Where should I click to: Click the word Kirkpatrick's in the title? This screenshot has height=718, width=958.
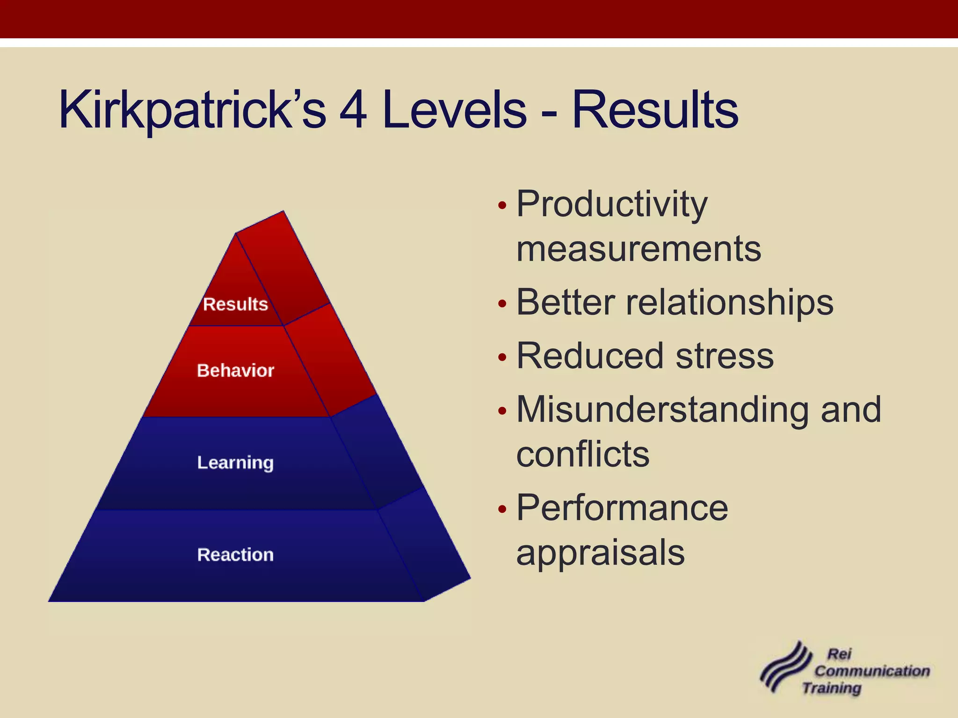(x=192, y=110)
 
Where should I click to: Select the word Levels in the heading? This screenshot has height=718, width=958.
(x=454, y=110)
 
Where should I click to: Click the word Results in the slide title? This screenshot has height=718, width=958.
(x=655, y=110)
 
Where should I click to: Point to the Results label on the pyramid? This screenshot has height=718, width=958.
(x=235, y=304)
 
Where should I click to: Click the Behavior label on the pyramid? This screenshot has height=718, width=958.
(x=235, y=371)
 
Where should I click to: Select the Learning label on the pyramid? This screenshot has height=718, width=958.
(x=235, y=463)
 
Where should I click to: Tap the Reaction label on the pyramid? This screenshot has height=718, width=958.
(x=235, y=555)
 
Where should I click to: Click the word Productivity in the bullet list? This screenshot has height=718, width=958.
(x=612, y=204)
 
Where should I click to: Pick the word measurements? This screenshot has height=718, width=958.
(x=639, y=249)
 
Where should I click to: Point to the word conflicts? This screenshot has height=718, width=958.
(x=583, y=454)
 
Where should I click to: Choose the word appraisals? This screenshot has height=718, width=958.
(x=600, y=553)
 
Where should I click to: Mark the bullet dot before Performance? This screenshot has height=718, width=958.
(x=502, y=510)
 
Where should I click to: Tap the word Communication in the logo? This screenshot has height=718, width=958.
(x=872, y=671)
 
